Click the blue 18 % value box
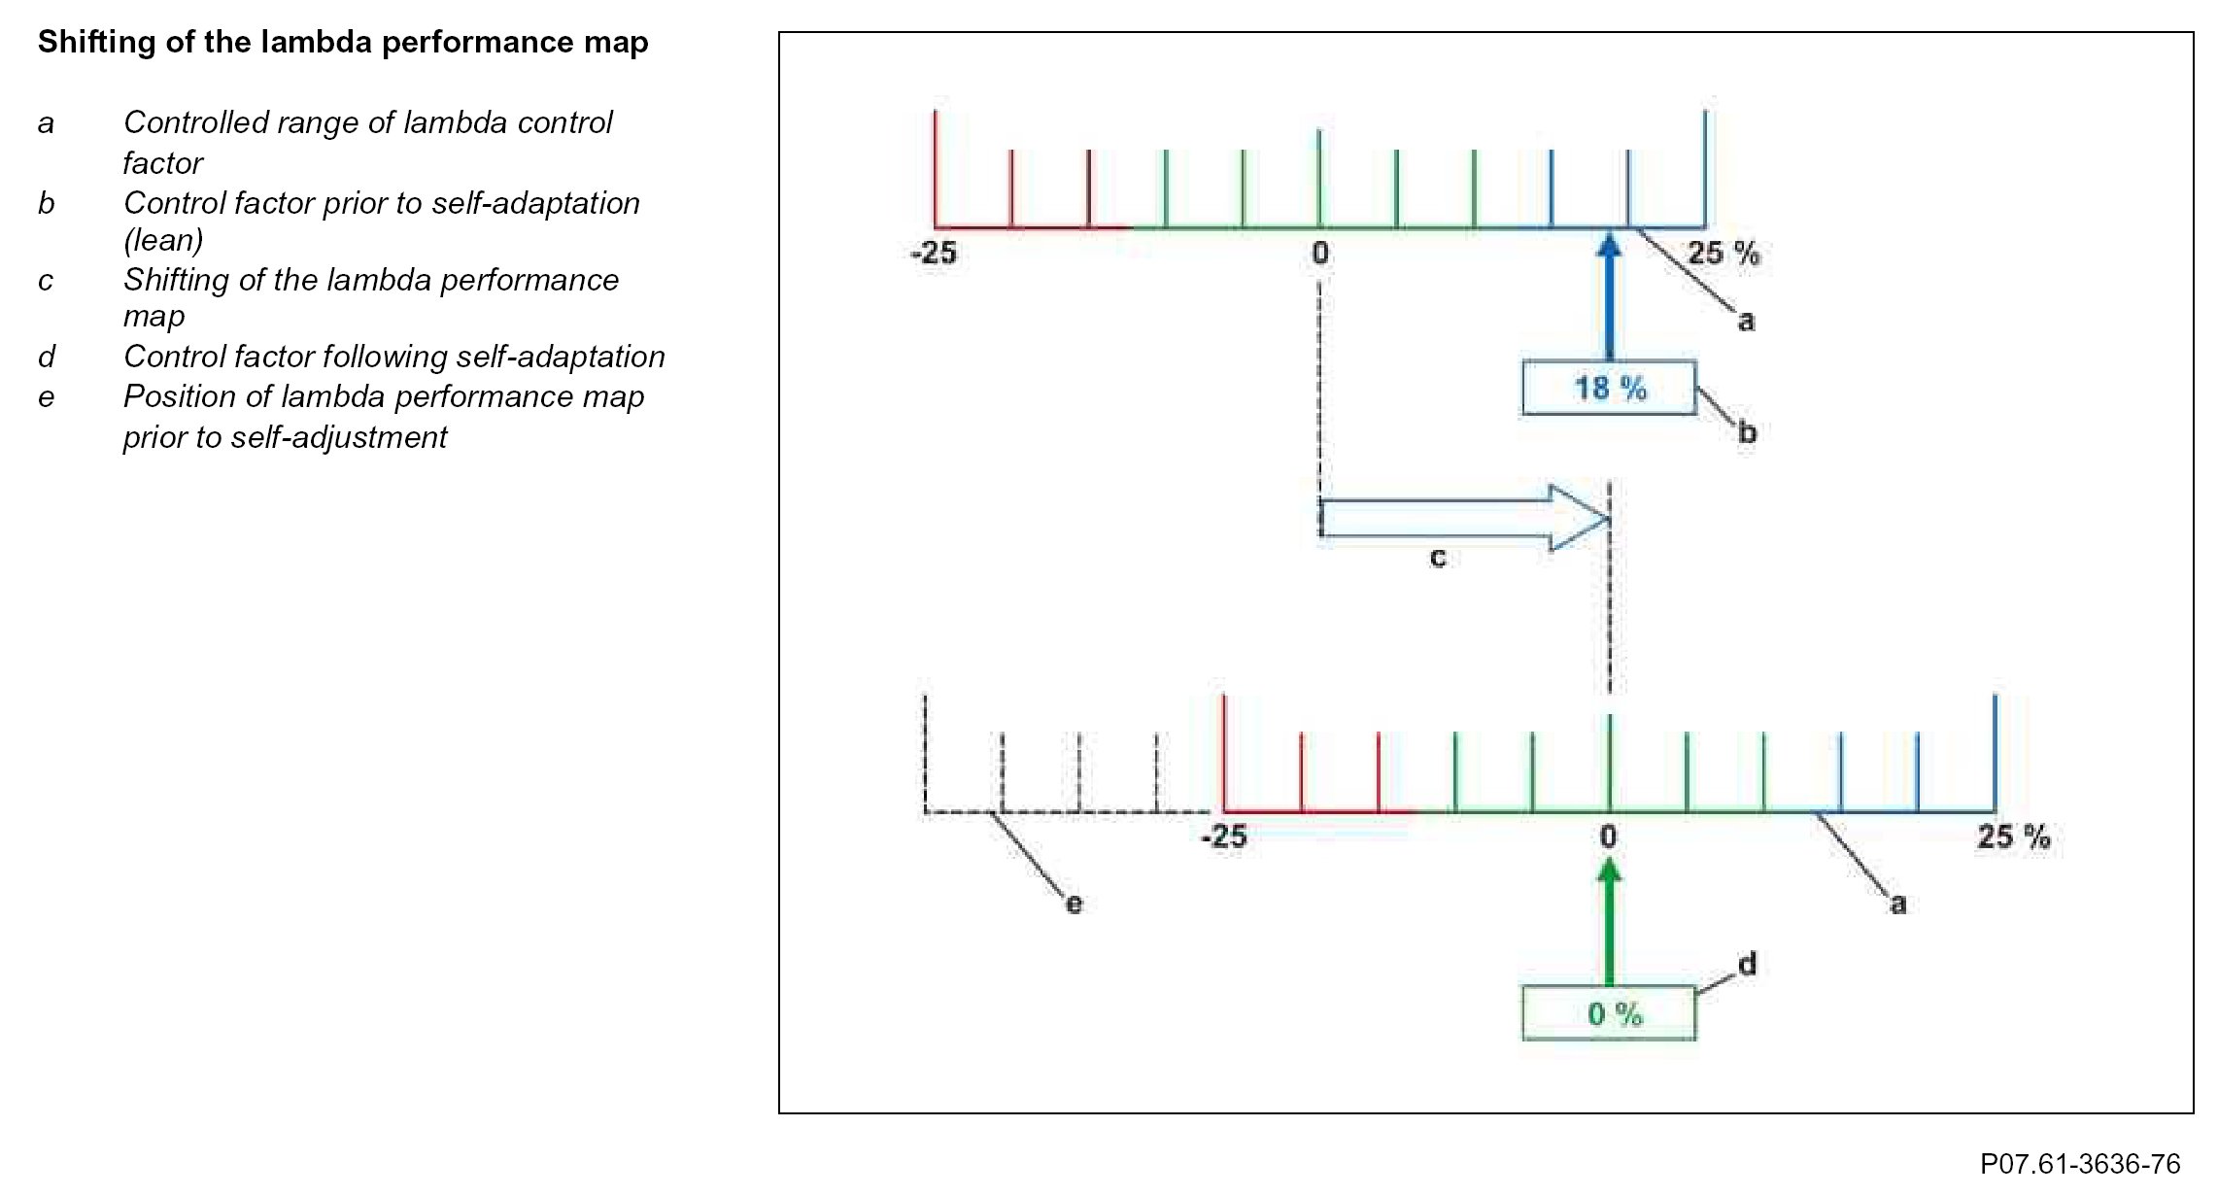point(1609,389)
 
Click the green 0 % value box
point(1609,1014)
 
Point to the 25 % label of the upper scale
point(1723,254)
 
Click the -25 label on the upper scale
point(934,254)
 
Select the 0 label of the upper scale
point(1319,254)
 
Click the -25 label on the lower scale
point(1224,836)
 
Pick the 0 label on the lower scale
point(1609,836)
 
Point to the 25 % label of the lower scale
point(2013,836)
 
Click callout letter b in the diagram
point(1747,432)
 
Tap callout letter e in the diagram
point(1074,905)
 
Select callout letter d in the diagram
point(1747,964)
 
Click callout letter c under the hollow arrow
point(1438,558)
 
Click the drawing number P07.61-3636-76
point(2080,1163)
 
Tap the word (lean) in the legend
point(163,240)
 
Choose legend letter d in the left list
point(47,358)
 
